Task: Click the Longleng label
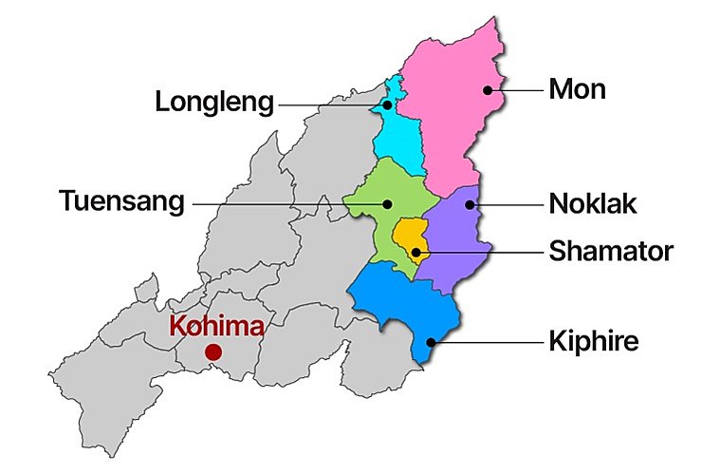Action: pos(214,102)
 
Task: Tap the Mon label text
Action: pos(577,90)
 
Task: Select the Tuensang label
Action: pos(121,202)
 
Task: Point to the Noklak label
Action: pos(593,203)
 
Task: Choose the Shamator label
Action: pos(611,251)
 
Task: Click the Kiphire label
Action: pos(594,342)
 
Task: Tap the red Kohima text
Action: pos(216,326)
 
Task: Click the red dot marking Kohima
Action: pos(212,352)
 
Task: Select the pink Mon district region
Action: pos(451,104)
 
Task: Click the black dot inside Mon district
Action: pos(488,90)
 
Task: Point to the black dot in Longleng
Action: pos(387,104)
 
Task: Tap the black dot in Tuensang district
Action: pos(388,202)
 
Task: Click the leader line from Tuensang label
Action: pos(285,202)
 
